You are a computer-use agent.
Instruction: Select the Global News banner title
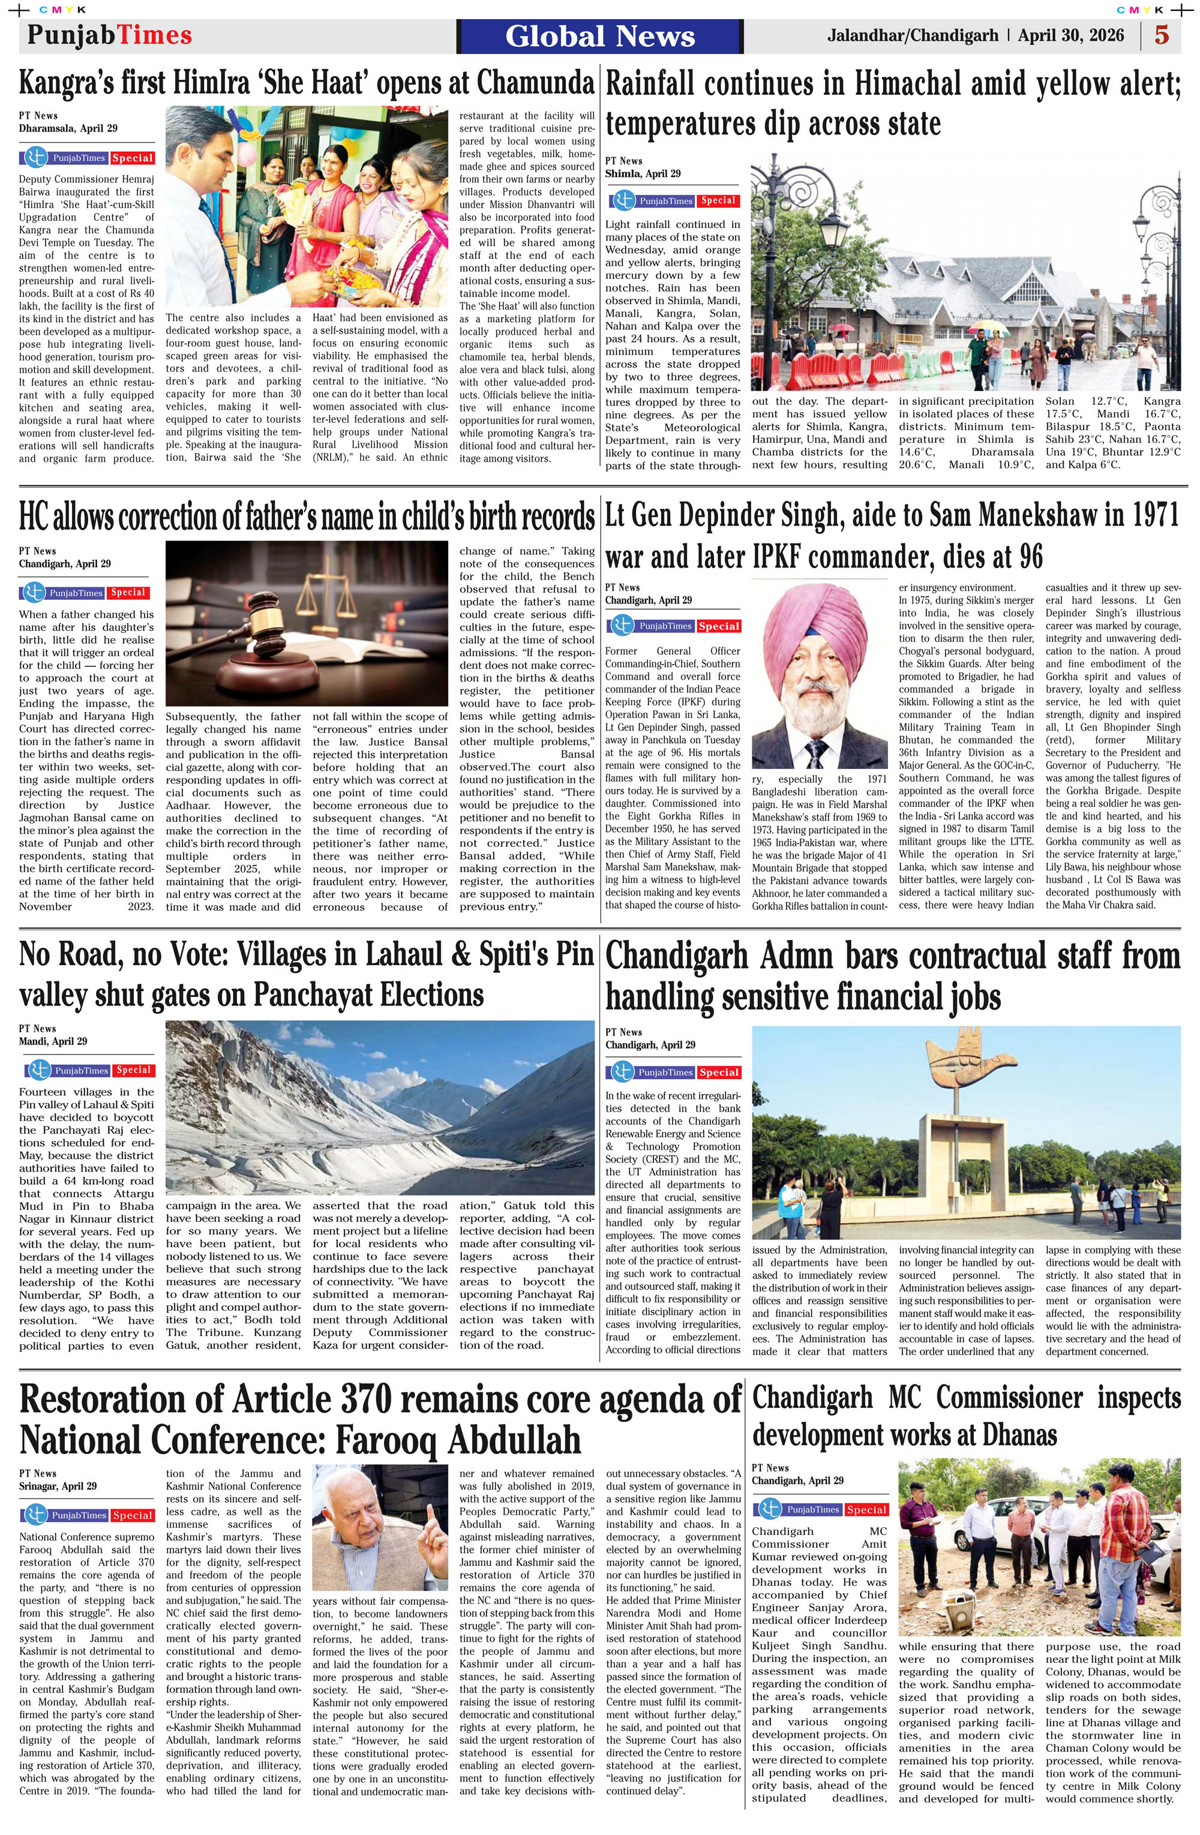(x=600, y=36)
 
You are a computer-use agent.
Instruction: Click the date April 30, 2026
(x=1070, y=35)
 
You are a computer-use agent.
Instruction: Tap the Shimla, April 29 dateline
(x=643, y=173)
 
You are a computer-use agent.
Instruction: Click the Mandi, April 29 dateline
(x=53, y=1041)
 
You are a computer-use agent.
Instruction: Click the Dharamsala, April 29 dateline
(x=68, y=128)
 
